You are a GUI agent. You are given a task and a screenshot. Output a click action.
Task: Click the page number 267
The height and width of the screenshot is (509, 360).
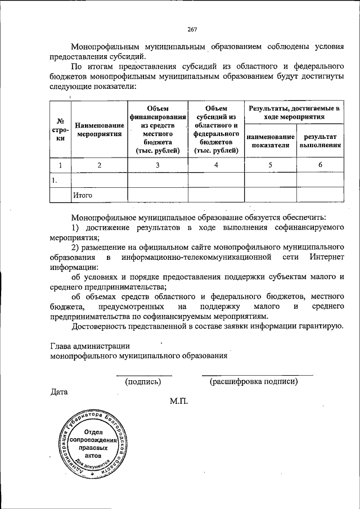(x=192, y=30)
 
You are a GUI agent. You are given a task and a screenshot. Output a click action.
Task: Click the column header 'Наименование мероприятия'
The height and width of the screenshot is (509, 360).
(x=99, y=130)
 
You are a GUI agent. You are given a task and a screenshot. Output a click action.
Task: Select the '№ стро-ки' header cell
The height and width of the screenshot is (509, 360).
(x=60, y=130)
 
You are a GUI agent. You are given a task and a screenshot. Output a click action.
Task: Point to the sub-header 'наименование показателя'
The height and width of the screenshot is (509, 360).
(x=270, y=141)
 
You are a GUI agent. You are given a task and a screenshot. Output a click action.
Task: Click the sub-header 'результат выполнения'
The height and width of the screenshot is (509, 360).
(x=320, y=141)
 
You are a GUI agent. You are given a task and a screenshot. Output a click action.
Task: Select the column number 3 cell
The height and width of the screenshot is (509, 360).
(x=157, y=165)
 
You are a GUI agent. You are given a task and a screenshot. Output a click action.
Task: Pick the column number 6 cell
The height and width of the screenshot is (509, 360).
(x=320, y=165)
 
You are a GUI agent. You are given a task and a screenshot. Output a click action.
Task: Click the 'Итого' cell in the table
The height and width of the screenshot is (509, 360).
(x=82, y=195)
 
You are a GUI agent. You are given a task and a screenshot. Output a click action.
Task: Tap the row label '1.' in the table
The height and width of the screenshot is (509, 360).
(x=55, y=180)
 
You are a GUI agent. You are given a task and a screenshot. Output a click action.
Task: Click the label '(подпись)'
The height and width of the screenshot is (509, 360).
(x=143, y=381)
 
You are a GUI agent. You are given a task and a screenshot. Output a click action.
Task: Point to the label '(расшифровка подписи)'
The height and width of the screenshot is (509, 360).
(x=254, y=381)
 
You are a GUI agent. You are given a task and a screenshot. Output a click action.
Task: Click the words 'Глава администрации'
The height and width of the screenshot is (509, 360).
(x=90, y=346)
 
